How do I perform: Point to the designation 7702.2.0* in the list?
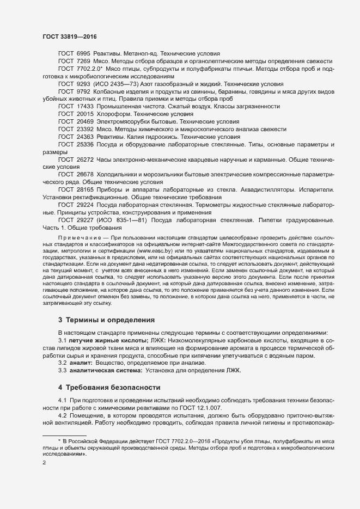tap(90, 69)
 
